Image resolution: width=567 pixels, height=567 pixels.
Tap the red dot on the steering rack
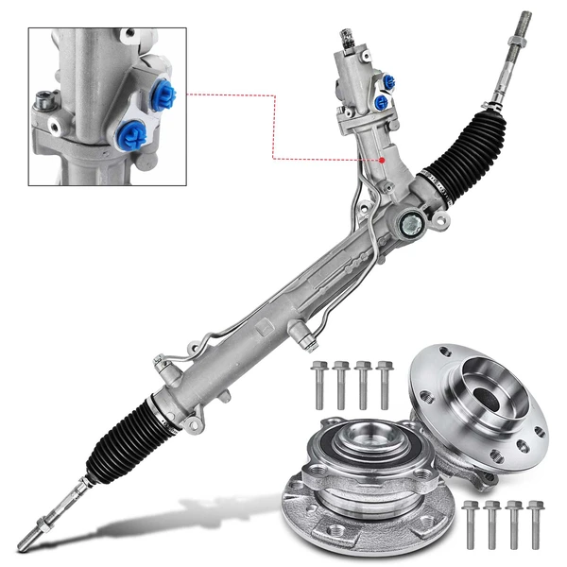382,161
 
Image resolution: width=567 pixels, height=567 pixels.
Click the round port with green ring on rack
413,226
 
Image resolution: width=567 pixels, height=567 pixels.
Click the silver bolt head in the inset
43,97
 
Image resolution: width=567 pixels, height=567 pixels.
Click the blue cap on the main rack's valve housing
382,101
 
